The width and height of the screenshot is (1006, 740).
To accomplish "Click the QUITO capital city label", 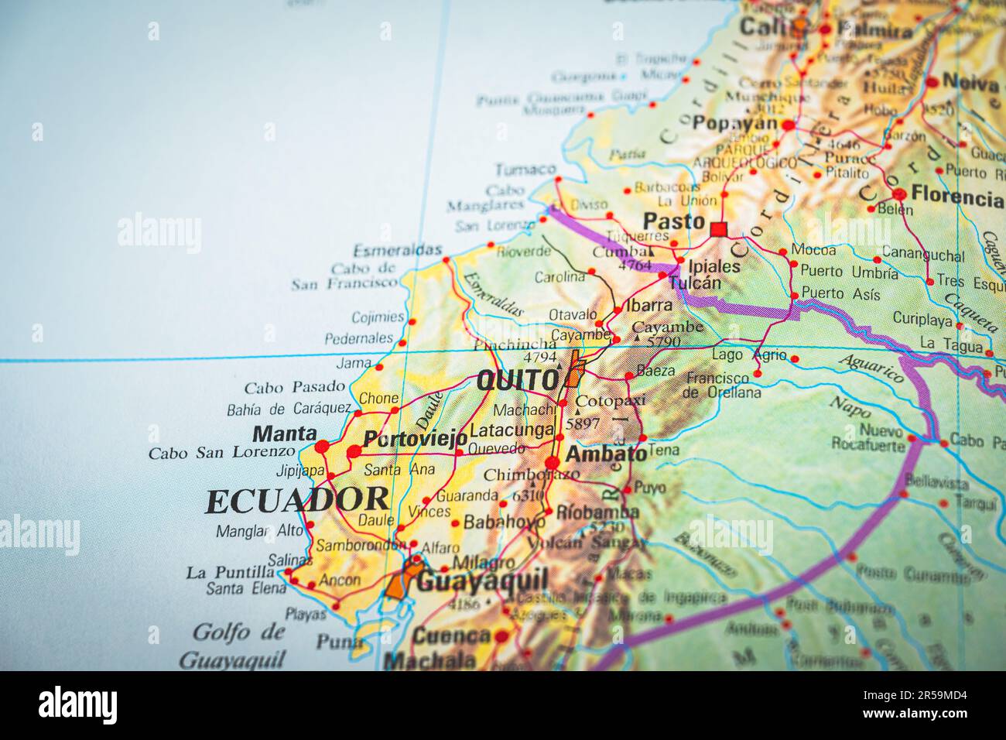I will pyautogui.click(x=517, y=380).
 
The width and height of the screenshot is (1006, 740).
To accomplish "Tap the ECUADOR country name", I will pyautogui.click(x=297, y=502).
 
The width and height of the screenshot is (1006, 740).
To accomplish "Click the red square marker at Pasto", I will pyautogui.click(x=718, y=228).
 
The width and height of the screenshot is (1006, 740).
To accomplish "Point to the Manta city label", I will pyautogui.click(x=285, y=433).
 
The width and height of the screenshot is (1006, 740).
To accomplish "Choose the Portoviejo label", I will pyautogui.click(x=415, y=438).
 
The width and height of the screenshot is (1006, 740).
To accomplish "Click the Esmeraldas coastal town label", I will pyautogui.click(x=398, y=250).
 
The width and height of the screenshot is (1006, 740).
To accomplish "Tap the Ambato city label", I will pyautogui.click(x=606, y=454).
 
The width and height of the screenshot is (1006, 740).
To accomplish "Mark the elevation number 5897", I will pyautogui.click(x=583, y=423).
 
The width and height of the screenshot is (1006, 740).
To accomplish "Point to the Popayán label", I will pyautogui.click(x=734, y=123).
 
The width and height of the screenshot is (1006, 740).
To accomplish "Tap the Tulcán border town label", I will pyautogui.click(x=694, y=283).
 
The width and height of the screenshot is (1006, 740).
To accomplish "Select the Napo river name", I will pyautogui.click(x=850, y=406).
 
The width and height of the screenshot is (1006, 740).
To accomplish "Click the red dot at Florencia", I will pyautogui.click(x=898, y=194).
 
